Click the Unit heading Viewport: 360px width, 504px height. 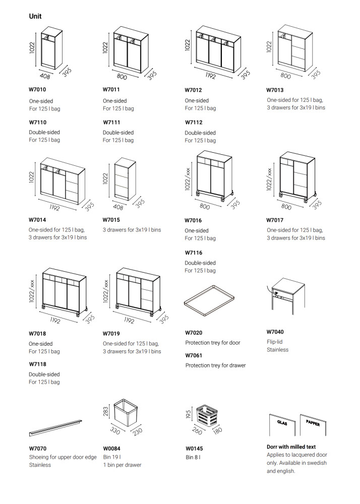click(x=35, y=16)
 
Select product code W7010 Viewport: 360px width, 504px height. click(x=37, y=90)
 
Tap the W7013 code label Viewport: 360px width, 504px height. click(x=276, y=90)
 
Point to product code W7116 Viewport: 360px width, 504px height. click(x=193, y=253)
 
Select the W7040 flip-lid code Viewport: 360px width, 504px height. click(x=275, y=332)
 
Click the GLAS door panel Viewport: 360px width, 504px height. click(x=283, y=425)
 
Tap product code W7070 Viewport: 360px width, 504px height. click(x=37, y=448)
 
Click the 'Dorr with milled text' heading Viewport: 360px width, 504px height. click(x=291, y=447)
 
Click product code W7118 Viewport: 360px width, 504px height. click(x=37, y=363)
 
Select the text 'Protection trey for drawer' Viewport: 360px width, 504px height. click(x=215, y=365)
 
